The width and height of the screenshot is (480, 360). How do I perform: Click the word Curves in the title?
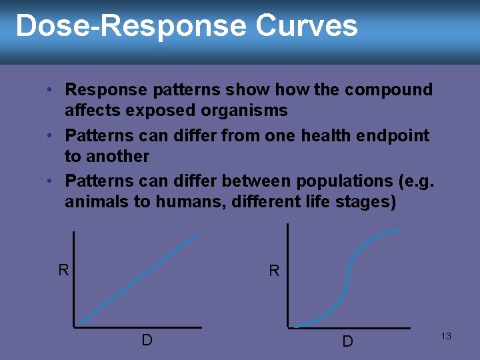tap(306, 26)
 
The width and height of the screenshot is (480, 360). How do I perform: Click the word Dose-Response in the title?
tap(131, 26)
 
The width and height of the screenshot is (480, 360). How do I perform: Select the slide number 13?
tap(446, 336)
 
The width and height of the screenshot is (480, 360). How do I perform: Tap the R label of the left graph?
tap(63, 270)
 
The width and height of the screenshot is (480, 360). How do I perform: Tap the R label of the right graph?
tap(274, 271)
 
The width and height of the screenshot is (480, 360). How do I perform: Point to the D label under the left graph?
tap(147, 340)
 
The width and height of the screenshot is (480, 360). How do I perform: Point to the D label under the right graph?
tap(347, 341)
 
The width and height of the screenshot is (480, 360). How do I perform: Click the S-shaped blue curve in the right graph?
tap(346, 280)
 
